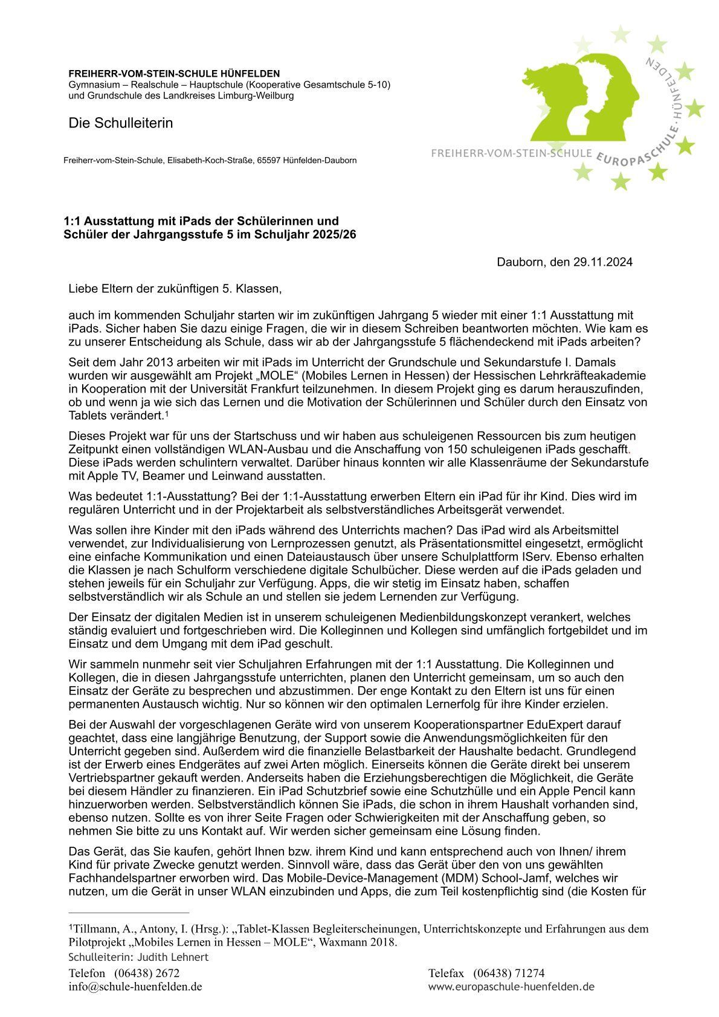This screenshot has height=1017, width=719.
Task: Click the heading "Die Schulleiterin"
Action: (x=121, y=123)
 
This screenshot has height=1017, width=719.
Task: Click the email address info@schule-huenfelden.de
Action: (x=135, y=987)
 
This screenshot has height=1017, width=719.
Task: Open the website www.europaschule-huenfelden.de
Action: (x=511, y=987)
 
